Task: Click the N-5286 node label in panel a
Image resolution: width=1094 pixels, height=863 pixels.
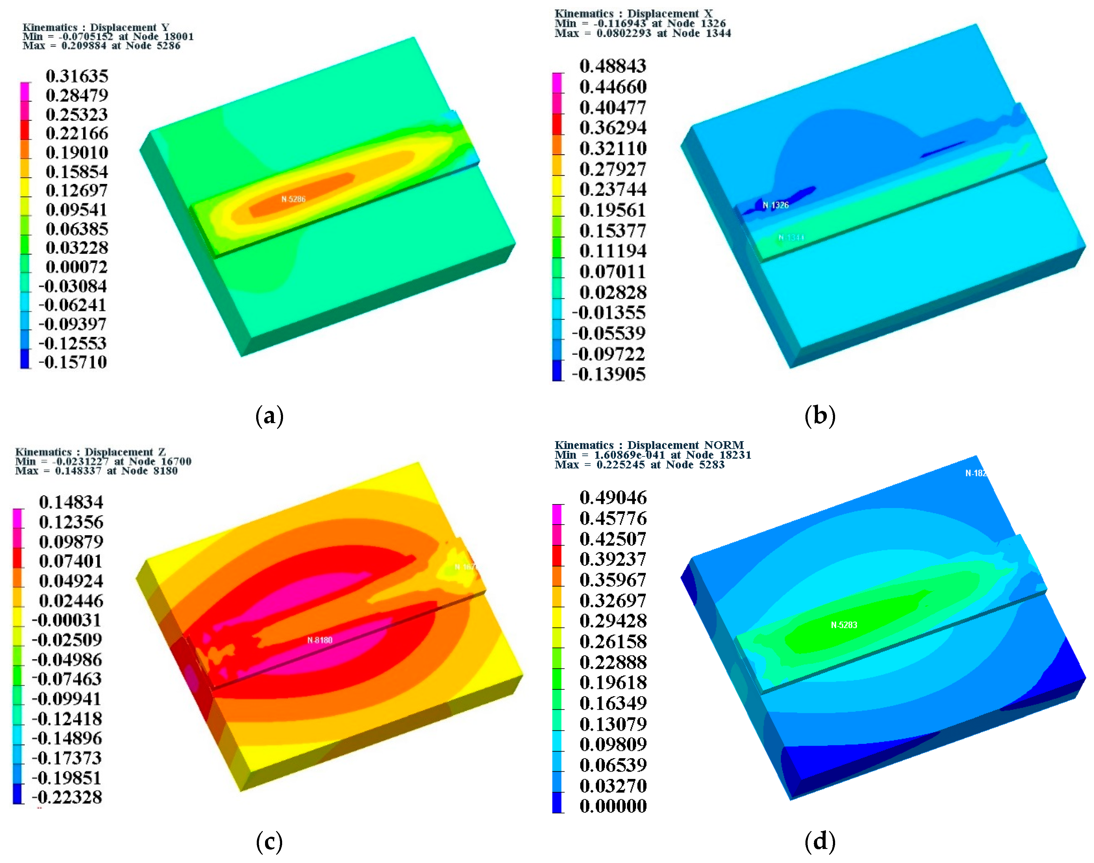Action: coord(293,199)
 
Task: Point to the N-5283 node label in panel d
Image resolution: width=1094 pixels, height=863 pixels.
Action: coord(844,625)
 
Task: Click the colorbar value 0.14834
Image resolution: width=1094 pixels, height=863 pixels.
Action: coord(71,502)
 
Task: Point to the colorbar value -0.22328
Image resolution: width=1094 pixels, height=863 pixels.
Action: coord(67,797)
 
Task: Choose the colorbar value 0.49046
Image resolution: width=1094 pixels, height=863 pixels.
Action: coord(613,498)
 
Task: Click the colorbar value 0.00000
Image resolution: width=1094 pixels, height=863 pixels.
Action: coord(613,806)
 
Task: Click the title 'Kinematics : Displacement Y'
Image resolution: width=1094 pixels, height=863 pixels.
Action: coord(96,27)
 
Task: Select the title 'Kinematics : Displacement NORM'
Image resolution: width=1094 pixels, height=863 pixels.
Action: coord(649,445)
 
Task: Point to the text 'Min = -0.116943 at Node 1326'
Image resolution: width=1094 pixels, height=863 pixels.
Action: coord(640,23)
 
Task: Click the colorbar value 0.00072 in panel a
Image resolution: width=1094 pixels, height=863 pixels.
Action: coord(77,267)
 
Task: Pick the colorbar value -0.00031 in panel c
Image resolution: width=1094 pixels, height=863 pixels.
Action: coord(67,620)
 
